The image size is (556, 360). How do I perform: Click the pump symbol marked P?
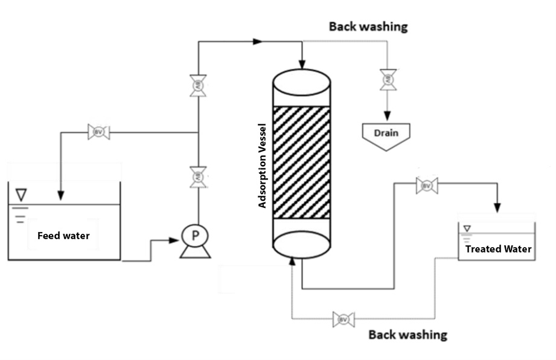(x=194, y=237)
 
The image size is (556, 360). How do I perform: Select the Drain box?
(x=385, y=132)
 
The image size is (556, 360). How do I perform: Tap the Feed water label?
(x=63, y=236)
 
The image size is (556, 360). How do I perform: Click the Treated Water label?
(x=498, y=249)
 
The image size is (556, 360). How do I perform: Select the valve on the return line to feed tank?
(x=98, y=132)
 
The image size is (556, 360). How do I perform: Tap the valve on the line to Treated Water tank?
(x=427, y=186)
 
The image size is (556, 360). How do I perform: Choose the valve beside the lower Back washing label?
(x=344, y=319)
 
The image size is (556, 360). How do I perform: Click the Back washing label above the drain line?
(x=368, y=27)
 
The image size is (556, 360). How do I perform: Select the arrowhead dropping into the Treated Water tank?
(x=497, y=208)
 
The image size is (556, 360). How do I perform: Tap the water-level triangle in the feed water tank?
(x=22, y=194)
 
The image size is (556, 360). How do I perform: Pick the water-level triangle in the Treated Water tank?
(x=467, y=228)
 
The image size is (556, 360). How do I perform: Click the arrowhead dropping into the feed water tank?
(x=61, y=195)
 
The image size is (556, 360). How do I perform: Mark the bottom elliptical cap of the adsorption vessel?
(x=302, y=244)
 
